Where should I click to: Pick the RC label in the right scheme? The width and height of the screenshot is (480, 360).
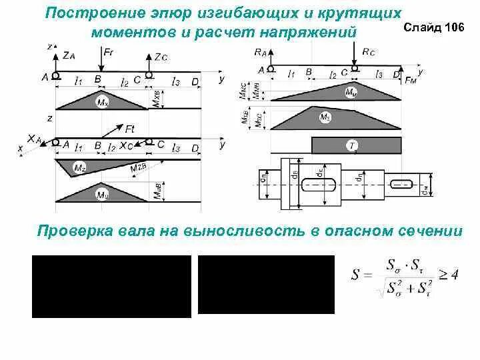pos(369,51)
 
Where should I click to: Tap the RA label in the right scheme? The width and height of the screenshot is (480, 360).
pos(260,51)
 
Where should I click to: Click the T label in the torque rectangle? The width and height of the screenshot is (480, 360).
pos(350,145)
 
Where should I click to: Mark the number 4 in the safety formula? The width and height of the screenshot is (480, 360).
pos(455,274)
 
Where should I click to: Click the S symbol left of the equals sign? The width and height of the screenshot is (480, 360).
pos(356,275)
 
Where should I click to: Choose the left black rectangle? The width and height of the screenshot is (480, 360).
pos(111,286)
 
